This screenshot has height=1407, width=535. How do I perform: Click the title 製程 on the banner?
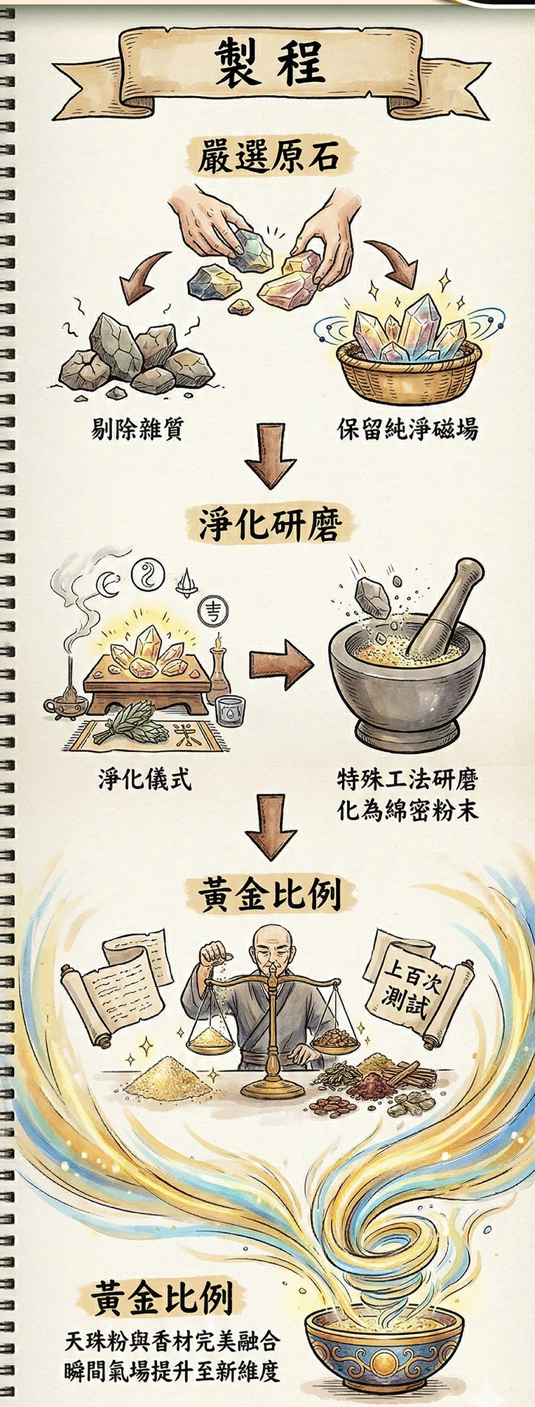pyautogui.click(x=269, y=62)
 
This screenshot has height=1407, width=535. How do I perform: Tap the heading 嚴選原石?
pyautogui.click(x=269, y=156)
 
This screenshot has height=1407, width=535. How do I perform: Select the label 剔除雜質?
pyautogui.click(x=137, y=428)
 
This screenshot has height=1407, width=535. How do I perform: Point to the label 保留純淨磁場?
pyautogui.click(x=407, y=428)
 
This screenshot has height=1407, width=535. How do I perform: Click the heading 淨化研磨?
pyautogui.click(x=269, y=524)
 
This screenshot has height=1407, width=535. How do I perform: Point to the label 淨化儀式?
pyautogui.click(x=144, y=778)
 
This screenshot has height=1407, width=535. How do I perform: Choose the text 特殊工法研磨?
pyautogui.click(x=407, y=778)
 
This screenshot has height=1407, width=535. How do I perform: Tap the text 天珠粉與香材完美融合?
pyautogui.click(x=172, y=1341)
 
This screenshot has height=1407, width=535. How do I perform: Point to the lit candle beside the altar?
pyautogui.click(x=219, y=662)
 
